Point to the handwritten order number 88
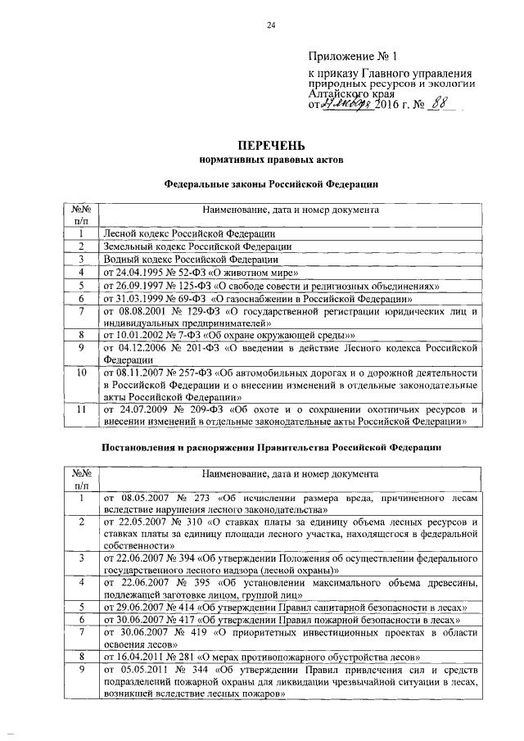point(442,104)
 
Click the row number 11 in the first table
point(81,409)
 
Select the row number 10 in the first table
point(81,373)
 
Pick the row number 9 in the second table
point(81,669)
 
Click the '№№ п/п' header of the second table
point(81,480)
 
